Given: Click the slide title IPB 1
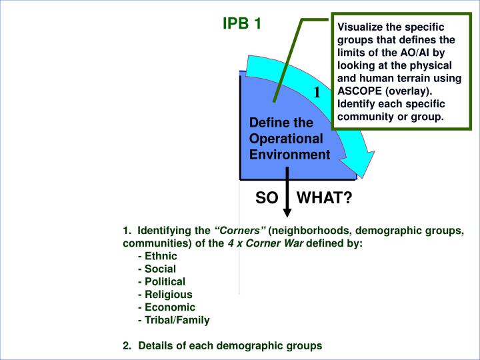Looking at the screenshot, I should click(241, 24).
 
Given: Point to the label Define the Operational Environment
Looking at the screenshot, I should click(289, 139).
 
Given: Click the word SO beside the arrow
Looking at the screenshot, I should click(266, 198).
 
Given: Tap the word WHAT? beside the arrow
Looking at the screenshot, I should click(324, 198).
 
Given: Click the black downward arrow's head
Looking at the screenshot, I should click(287, 212).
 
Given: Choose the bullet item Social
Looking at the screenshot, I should click(159, 269).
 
